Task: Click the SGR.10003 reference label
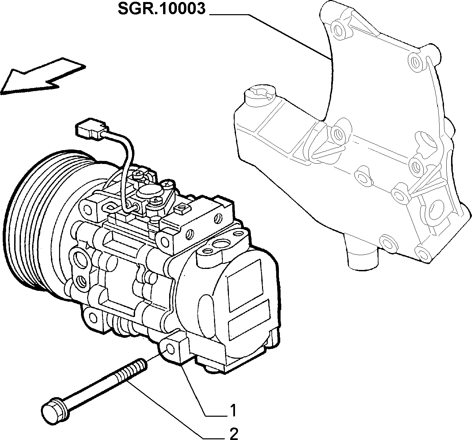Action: pos(161,9)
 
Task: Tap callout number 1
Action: pos(233,410)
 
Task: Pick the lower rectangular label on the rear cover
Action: pos(250,320)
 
